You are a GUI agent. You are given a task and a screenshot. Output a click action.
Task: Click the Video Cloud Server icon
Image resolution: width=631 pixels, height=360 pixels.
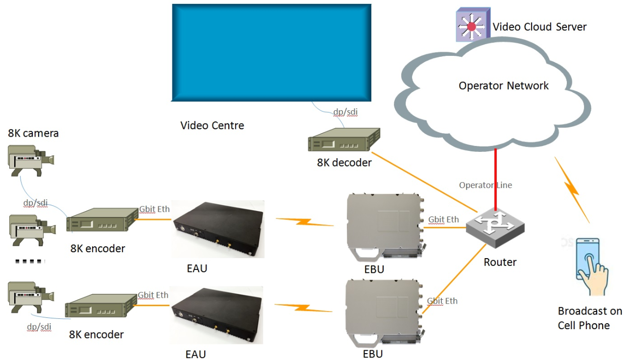tap(473, 25)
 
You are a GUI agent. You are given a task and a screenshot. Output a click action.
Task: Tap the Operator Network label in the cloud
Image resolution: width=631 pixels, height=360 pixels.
tap(504, 86)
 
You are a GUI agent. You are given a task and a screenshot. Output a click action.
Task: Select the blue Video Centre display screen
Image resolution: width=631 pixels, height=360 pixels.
tap(271, 53)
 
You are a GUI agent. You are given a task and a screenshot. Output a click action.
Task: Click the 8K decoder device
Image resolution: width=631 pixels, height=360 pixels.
tap(344, 140)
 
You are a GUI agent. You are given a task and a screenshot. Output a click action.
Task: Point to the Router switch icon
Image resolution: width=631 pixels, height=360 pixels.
tap(495, 228)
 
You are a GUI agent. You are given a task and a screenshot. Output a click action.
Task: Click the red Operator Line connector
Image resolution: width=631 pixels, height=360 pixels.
tap(495, 180)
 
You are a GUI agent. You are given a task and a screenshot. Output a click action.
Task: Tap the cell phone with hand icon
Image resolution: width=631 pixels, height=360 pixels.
tap(591, 266)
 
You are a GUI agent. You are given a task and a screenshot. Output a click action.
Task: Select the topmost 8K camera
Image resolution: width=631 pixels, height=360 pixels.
tap(31, 161)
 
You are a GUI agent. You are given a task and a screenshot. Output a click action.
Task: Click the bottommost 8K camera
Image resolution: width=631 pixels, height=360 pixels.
tap(31, 297)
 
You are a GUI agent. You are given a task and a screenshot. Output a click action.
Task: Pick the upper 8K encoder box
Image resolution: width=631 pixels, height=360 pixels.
tap(102, 220)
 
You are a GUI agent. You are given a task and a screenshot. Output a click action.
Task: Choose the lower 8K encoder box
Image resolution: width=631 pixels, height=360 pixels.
tap(101, 306)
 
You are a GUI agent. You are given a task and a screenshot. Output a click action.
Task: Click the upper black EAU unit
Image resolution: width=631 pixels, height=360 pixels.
tap(218, 229)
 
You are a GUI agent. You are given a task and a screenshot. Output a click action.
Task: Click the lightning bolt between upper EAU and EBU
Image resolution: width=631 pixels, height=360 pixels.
tap(305, 222)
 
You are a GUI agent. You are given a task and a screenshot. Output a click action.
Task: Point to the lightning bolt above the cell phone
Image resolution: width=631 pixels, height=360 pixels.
tap(572, 190)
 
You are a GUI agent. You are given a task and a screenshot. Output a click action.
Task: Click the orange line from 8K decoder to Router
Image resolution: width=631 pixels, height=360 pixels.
tap(425, 182)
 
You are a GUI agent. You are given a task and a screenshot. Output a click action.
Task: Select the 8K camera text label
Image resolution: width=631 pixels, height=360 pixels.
tap(33, 133)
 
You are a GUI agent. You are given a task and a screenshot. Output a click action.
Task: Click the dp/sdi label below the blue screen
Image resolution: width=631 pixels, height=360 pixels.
tap(345, 112)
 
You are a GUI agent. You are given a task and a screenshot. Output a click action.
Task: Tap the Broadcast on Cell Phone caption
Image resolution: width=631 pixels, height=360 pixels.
tap(590, 318)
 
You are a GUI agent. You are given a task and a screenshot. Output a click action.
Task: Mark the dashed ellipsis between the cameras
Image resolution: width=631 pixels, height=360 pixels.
tap(30, 262)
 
